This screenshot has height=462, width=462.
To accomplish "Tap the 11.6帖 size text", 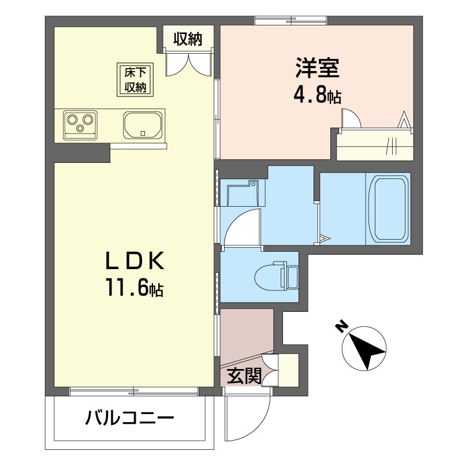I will pos(133,287).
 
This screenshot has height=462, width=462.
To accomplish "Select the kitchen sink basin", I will pos(142,124).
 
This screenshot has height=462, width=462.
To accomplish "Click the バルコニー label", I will pos(131,417).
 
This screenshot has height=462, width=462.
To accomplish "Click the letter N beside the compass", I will pos(342,327).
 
